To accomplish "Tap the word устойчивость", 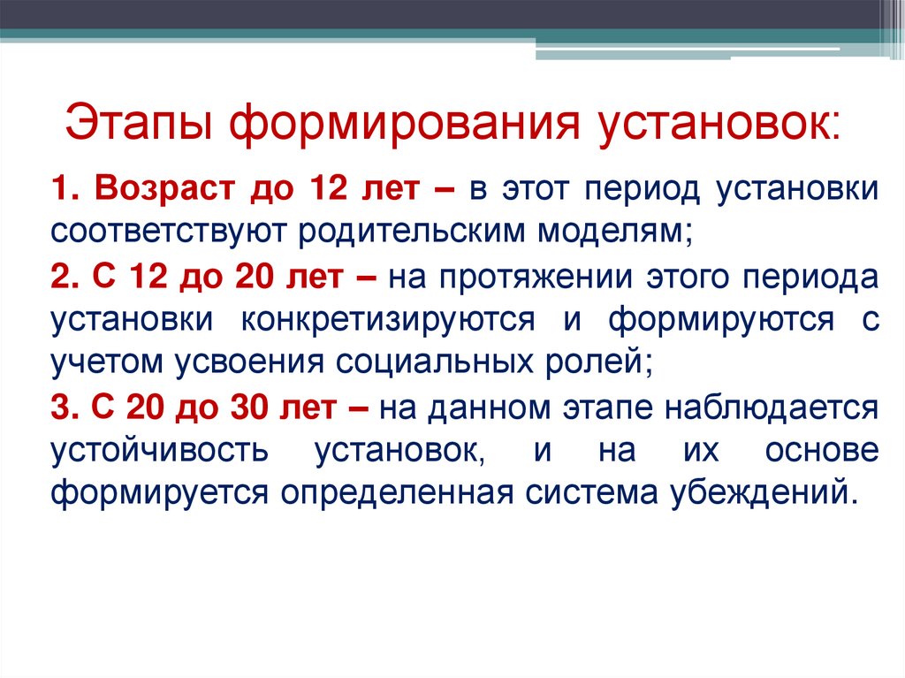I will (157, 450).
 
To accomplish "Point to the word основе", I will (822, 450).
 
